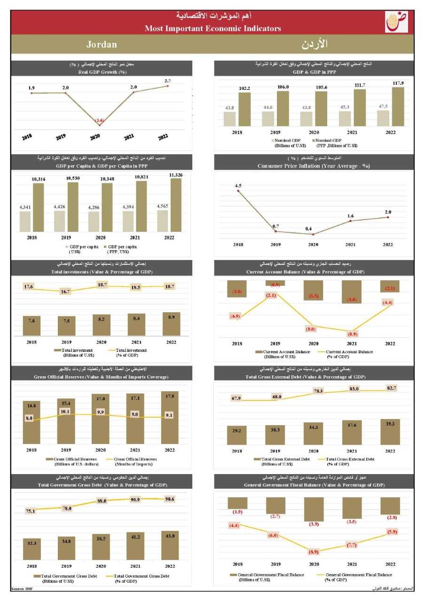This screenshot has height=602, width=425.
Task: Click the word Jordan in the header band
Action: (x=102, y=45)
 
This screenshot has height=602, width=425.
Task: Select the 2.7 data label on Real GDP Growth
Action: (x=168, y=81)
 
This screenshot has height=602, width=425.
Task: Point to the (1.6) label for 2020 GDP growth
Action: (x=99, y=121)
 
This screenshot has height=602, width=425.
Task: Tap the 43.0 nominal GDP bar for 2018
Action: (x=229, y=119)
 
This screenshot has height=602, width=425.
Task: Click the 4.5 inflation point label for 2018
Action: (x=238, y=185)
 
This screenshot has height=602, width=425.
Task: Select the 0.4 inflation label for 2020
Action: (x=308, y=229)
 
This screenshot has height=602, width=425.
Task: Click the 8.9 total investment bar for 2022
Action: (x=170, y=324)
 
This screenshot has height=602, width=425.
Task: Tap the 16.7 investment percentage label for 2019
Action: (x=65, y=292)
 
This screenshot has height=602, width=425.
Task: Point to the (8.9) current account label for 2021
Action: (x=351, y=334)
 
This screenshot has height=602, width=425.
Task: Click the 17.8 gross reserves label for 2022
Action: (x=170, y=396)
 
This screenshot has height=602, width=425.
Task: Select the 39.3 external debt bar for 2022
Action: (x=390, y=432)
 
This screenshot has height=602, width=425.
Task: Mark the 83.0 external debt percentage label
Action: (x=354, y=389)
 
